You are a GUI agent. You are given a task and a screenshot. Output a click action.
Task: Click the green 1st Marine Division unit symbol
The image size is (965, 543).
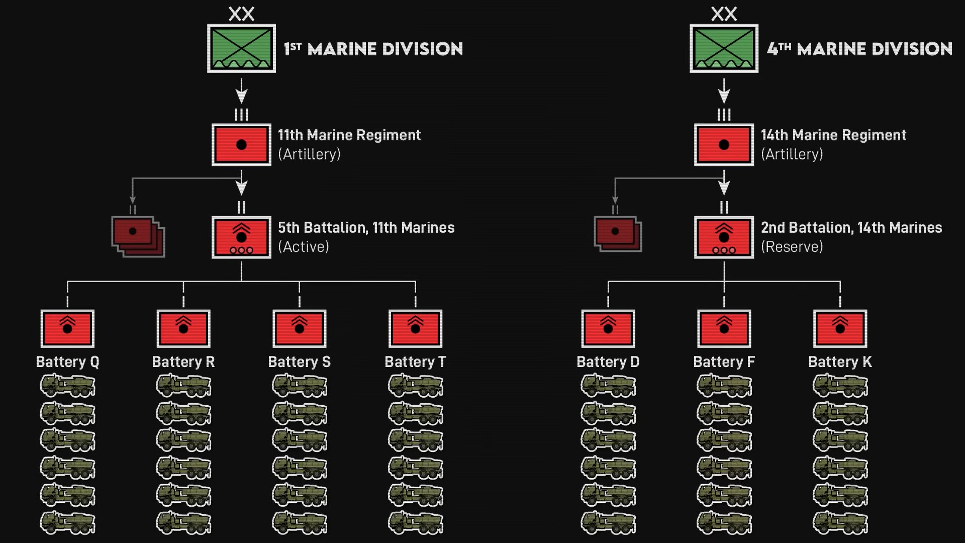coord(241,49)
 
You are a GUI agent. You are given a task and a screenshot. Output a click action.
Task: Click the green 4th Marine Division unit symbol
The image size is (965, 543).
coord(724,49)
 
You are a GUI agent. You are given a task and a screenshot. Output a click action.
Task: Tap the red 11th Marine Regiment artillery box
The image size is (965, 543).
coord(241,145)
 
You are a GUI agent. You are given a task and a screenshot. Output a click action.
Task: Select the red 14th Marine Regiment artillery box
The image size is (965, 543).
coord(724,145)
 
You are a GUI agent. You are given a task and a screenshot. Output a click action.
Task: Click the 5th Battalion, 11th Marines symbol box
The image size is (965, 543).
coord(241,237)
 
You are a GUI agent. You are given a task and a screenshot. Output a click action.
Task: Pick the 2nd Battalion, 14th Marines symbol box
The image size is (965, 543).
coord(724,237)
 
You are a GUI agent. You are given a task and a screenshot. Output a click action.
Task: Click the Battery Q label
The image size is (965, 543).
coord(67,362)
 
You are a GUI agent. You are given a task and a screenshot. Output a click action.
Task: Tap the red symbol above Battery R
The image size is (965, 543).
coord(183,328)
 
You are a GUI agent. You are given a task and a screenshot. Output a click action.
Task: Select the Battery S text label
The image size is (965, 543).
coord(299,362)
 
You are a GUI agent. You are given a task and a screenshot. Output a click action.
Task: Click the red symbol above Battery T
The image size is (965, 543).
coord(415,328)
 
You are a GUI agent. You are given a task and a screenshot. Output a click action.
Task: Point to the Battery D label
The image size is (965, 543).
coord(608,362)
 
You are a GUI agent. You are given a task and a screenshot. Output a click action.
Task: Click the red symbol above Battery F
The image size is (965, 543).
coord(724,328)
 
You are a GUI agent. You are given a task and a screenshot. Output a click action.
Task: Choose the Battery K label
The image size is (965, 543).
coord(840,362)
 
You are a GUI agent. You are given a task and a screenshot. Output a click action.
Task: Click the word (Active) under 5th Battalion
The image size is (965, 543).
coord(304,247)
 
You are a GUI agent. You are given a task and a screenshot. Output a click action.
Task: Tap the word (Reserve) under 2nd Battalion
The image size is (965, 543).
coord(792,247)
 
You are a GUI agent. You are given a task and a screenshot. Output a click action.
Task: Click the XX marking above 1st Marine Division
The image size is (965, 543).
coord(241,14)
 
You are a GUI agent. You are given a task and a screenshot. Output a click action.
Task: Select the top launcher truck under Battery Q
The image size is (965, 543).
coord(67,386)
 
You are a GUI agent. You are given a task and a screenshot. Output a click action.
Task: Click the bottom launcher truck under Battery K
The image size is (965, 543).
coord(840,522)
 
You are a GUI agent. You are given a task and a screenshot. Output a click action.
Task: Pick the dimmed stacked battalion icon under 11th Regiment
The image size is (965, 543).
coord(138,236)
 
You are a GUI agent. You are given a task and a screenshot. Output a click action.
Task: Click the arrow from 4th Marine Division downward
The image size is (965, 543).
coord(724,92)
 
